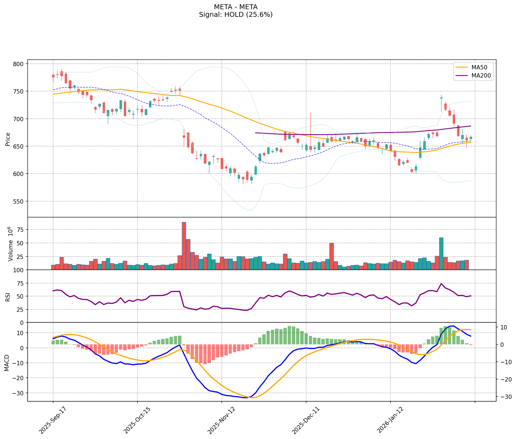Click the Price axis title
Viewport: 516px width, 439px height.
(8, 139)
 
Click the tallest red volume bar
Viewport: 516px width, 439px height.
(184, 246)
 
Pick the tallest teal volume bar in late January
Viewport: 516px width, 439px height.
(441, 254)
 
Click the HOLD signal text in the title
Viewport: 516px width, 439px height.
(236, 15)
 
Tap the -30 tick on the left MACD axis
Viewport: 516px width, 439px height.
(19, 393)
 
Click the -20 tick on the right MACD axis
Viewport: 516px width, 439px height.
(505, 379)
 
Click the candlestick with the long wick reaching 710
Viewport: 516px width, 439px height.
(310, 148)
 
